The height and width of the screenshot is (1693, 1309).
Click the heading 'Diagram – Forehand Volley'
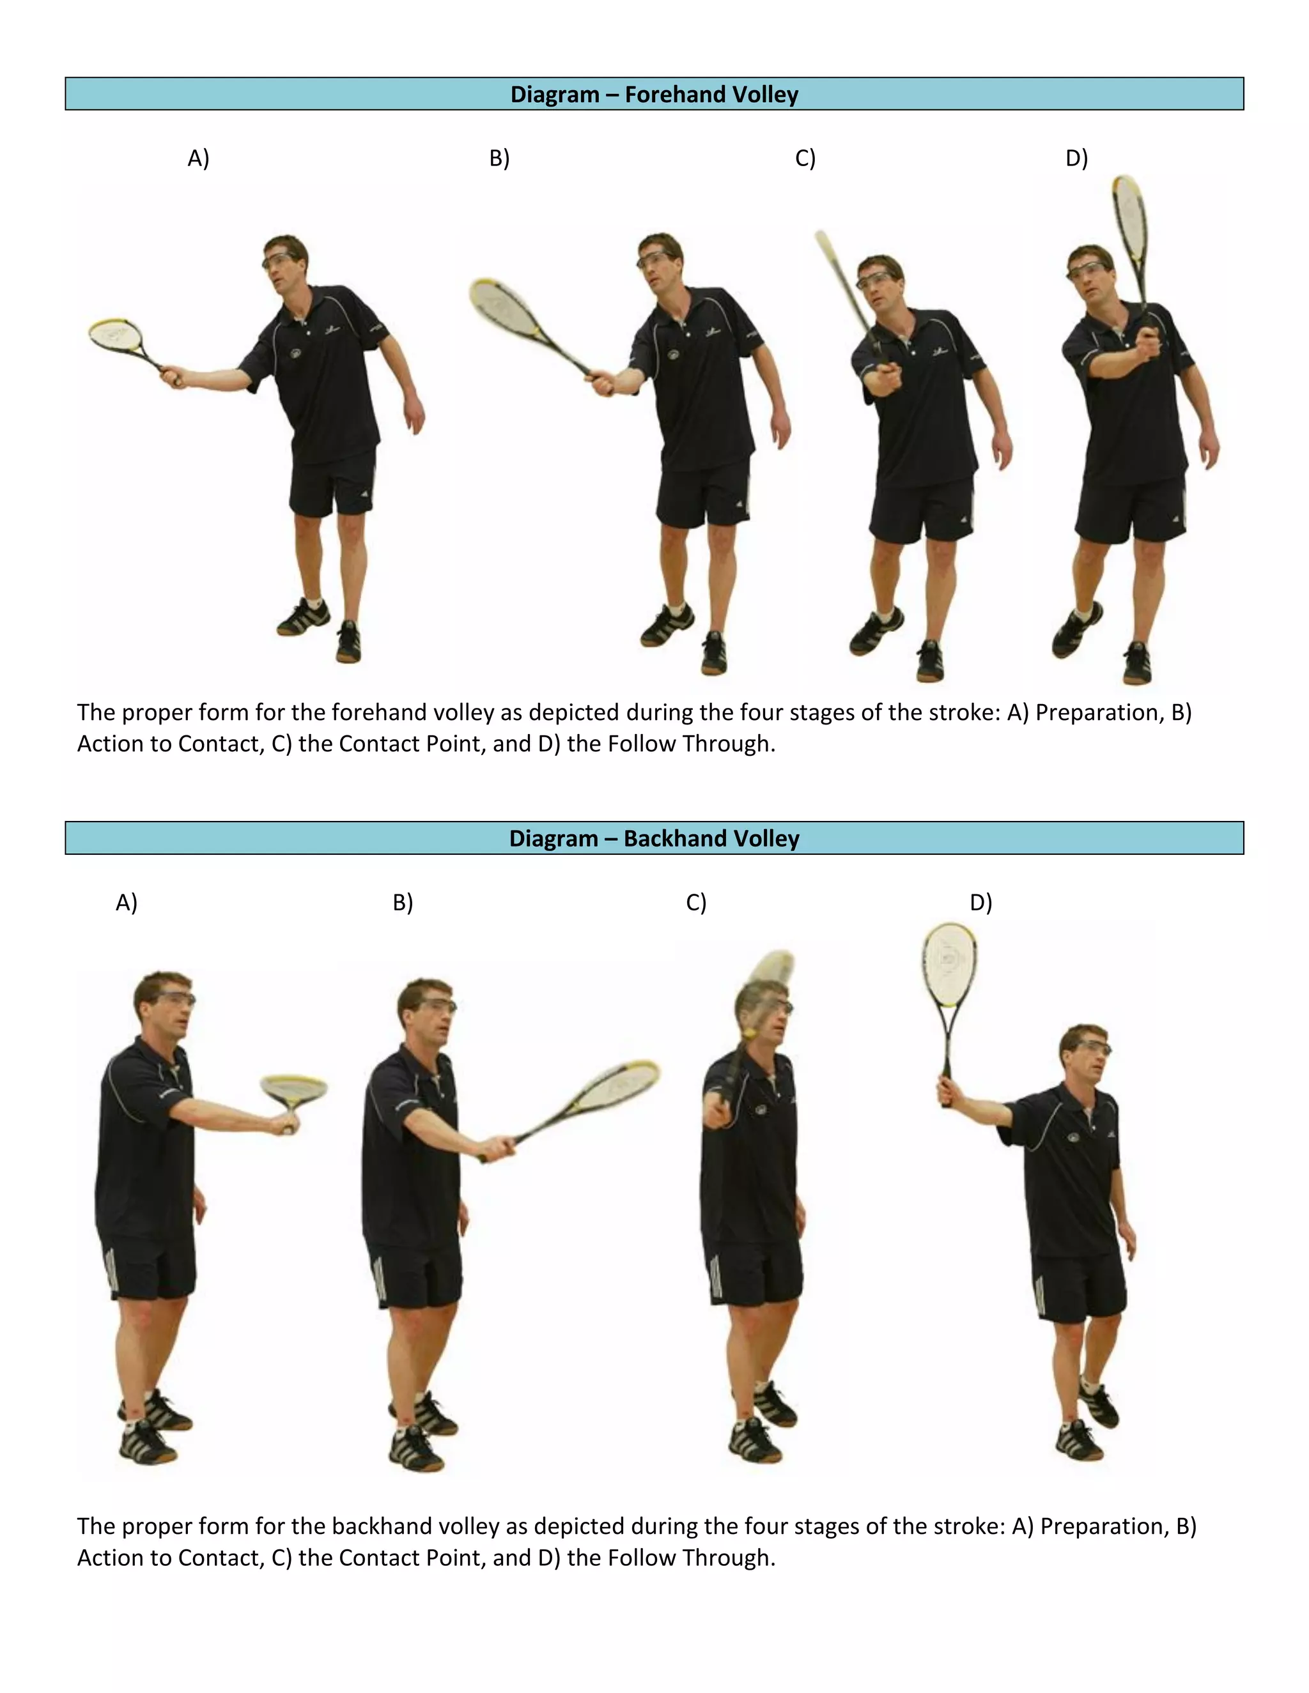pos(654,95)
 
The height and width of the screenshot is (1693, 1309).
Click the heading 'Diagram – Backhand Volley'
pos(654,839)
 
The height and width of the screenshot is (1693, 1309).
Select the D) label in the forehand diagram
pos(1076,158)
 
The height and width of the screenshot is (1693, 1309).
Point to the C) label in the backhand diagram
pos(695,902)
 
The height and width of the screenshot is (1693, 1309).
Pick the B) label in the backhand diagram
pos(403,902)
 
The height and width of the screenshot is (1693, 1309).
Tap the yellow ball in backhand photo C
pos(749,1035)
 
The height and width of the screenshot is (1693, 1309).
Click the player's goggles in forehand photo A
pos(279,259)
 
